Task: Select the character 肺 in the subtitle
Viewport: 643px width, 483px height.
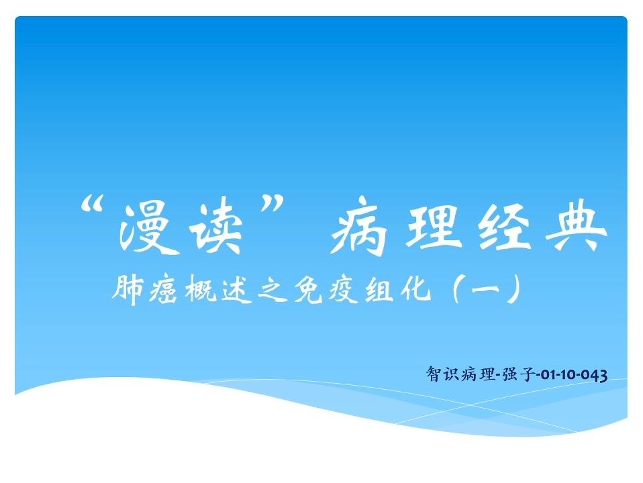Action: pyautogui.click(x=128, y=290)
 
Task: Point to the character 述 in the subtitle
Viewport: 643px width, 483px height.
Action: pyautogui.click(x=236, y=290)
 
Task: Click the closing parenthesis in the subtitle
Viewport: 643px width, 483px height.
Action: pyautogui.click(x=514, y=290)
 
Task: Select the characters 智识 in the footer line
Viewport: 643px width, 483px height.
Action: pyautogui.click(x=442, y=374)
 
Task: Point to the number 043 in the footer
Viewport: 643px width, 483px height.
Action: pyautogui.click(x=594, y=375)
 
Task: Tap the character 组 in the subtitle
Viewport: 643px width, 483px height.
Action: pyautogui.click(x=380, y=290)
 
